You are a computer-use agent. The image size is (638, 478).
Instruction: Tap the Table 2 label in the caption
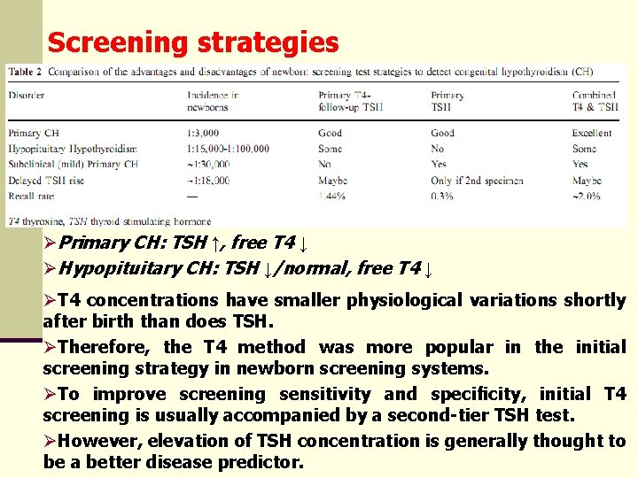[26, 72]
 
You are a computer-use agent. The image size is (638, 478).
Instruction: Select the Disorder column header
[28, 95]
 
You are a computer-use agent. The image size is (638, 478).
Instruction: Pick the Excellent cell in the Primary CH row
[591, 133]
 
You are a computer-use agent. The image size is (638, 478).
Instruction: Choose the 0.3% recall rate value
[443, 195]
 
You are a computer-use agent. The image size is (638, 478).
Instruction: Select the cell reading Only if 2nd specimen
[477, 180]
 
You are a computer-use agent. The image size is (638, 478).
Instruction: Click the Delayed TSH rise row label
[49, 180]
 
